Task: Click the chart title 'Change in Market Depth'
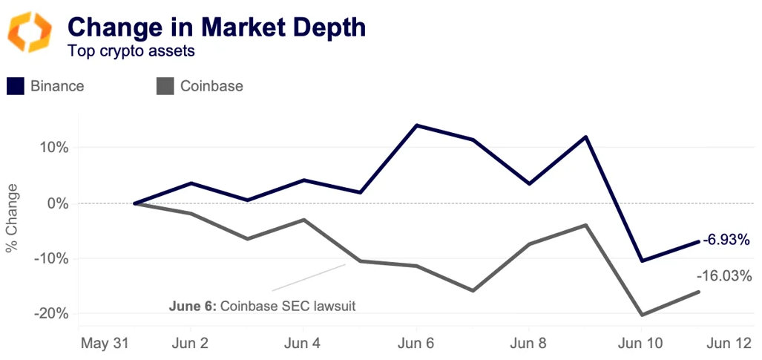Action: click(x=216, y=28)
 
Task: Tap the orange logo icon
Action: click(x=30, y=32)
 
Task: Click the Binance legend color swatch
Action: click(x=16, y=86)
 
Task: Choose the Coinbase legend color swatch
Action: click(x=165, y=86)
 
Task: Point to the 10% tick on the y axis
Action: click(x=54, y=147)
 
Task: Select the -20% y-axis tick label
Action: click(x=51, y=314)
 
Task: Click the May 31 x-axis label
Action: click(x=105, y=344)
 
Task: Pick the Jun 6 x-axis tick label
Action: click(x=416, y=344)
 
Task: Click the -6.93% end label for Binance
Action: click(x=726, y=240)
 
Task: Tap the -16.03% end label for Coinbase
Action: click(x=724, y=276)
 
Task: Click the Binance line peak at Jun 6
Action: click(x=416, y=125)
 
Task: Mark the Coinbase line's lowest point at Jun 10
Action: click(x=642, y=315)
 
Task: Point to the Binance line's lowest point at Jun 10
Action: click(x=642, y=261)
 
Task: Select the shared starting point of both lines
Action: click(x=134, y=203)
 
